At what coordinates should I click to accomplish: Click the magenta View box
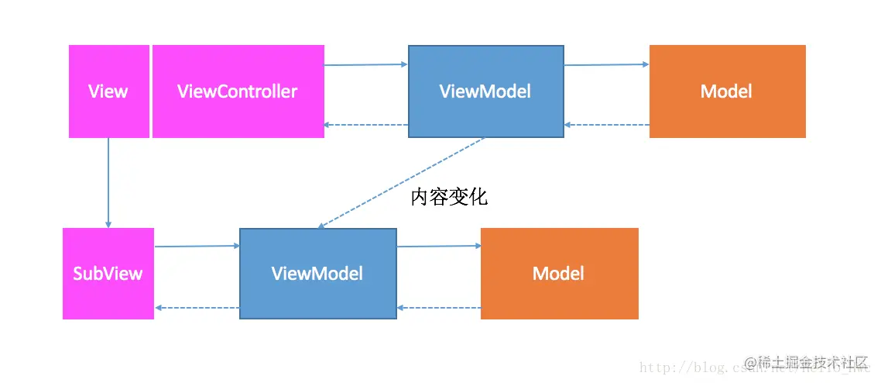coord(108,91)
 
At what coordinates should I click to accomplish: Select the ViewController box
coord(238,91)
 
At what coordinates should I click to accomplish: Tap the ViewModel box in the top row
coord(485,91)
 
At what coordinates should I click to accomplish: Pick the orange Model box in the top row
coord(727,91)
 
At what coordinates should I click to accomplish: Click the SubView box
coord(108,274)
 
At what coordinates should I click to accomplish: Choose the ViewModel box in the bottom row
coord(317,274)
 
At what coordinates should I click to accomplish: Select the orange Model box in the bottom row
coord(559,274)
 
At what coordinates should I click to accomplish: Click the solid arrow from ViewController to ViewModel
coord(365,65)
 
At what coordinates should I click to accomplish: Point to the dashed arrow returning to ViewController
coord(365,125)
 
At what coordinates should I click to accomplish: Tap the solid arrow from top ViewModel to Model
coord(606,65)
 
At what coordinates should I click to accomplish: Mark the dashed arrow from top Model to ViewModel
coord(606,125)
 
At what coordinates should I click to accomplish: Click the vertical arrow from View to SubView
coord(108,183)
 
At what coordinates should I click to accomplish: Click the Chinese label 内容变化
coord(449,198)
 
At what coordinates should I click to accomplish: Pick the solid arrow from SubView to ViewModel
coord(197,247)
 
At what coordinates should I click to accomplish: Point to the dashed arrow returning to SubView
coord(197,308)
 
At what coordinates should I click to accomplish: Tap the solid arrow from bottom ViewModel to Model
coord(439,247)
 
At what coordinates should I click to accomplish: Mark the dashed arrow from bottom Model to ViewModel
coord(439,308)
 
